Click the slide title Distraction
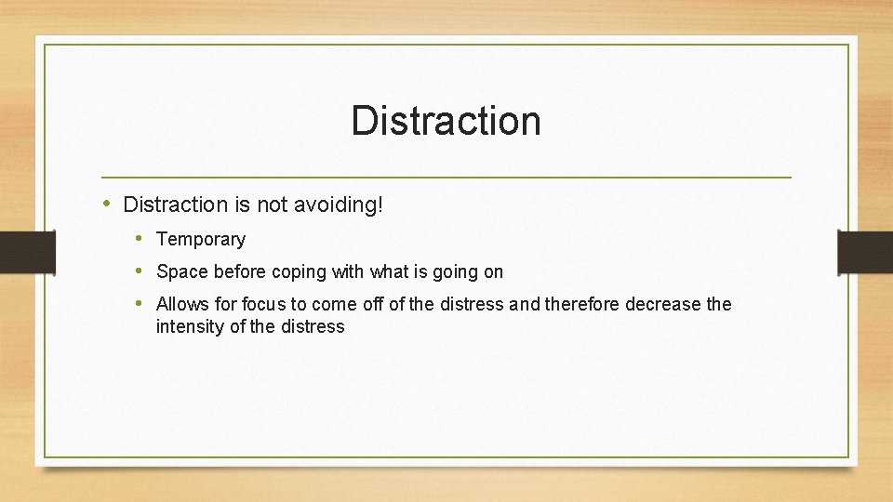coord(446,121)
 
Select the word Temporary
coord(201,240)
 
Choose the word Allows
coord(182,304)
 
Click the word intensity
coord(190,326)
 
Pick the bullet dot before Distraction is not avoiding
coord(108,204)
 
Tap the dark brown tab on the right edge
coord(865,252)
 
